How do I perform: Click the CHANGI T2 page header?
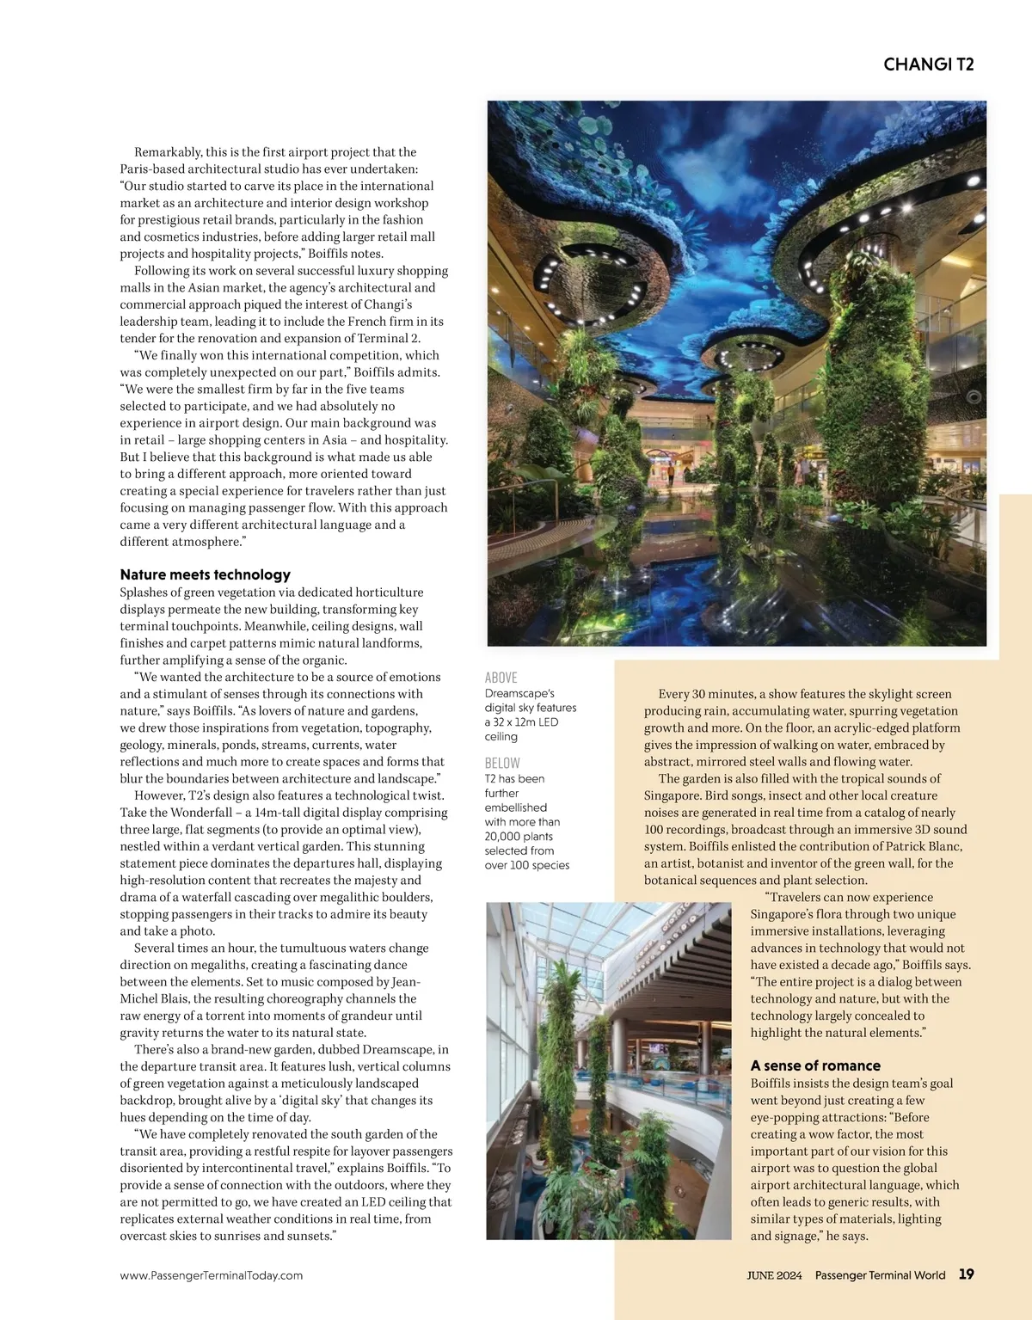[x=928, y=64]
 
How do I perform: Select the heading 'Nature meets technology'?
[x=205, y=574]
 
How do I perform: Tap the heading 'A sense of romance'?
[x=814, y=1065]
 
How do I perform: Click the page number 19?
[x=966, y=1274]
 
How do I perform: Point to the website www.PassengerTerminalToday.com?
[x=211, y=1275]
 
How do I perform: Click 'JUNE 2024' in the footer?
[x=773, y=1275]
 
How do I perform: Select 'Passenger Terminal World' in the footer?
[x=880, y=1275]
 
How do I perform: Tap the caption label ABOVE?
[x=501, y=678]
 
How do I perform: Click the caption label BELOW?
[x=502, y=763]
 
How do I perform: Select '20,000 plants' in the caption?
[x=519, y=837]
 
